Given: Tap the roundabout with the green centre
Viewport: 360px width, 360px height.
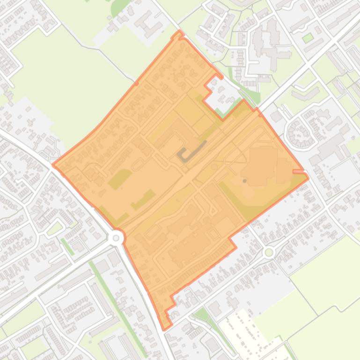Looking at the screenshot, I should [x=269, y=252].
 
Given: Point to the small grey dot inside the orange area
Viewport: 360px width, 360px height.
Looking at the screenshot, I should [x=245, y=181].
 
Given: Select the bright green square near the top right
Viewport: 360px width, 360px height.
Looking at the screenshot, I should [x=308, y=38].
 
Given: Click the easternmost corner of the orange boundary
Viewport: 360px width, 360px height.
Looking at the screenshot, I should [x=308, y=177].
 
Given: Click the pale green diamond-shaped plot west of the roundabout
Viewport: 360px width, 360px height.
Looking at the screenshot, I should [x=55, y=229].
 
